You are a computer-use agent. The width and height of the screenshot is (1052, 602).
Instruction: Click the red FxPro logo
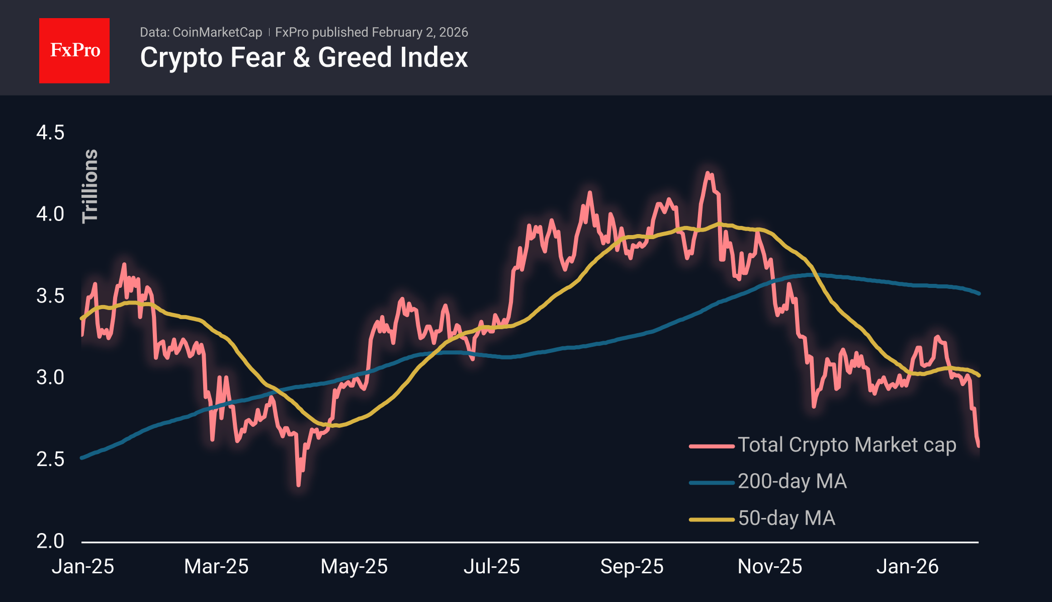pyautogui.click(x=74, y=50)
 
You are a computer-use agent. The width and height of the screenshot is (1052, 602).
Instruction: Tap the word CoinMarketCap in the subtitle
pyautogui.click(x=217, y=32)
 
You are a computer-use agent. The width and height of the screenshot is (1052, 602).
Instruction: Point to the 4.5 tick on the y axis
pyautogui.click(x=50, y=133)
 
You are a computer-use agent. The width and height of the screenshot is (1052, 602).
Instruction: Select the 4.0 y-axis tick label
pyautogui.click(x=50, y=214)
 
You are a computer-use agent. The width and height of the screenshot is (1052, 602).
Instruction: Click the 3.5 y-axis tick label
pyautogui.click(x=50, y=296)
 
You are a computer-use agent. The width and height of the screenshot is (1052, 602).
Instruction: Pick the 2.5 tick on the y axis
pyautogui.click(x=50, y=459)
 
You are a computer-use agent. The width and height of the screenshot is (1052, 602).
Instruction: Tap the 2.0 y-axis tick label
pyautogui.click(x=50, y=541)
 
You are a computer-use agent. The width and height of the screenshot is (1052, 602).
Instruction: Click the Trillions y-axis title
pyautogui.click(x=91, y=186)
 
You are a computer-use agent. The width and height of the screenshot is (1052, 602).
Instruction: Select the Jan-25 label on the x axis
pyautogui.click(x=83, y=567)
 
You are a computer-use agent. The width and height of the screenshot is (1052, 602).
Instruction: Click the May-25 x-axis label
pyautogui.click(x=354, y=567)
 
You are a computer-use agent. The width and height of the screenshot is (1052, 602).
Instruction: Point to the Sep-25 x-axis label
pyautogui.click(x=632, y=567)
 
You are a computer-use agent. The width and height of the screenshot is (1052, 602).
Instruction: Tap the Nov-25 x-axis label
pyautogui.click(x=769, y=567)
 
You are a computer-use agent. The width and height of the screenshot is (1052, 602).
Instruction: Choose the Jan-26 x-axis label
pyautogui.click(x=907, y=567)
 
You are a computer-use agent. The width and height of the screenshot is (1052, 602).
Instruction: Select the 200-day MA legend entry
pyautogui.click(x=792, y=481)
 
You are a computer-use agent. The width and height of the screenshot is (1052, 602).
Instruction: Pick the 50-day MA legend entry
pyautogui.click(x=786, y=518)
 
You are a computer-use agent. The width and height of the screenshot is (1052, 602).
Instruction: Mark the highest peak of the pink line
pyautogui.click(x=708, y=173)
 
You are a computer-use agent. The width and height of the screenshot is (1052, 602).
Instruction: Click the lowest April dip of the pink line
pyautogui.click(x=299, y=485)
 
